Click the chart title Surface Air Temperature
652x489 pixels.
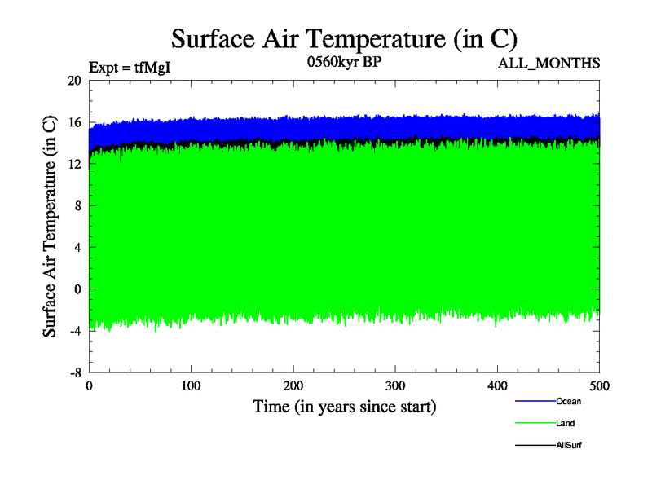[343, 38]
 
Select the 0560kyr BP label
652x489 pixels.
[344, 64]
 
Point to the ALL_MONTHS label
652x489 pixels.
[549, 64]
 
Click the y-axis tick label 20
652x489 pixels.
[75, 81]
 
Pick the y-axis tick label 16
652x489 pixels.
[75, 123]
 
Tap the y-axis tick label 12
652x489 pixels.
[75, 165]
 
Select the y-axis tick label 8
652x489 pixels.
[77, 206]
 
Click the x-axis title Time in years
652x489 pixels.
[344, 406]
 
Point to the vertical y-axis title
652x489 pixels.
[50, 227]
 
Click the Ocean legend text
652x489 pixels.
[569, 401]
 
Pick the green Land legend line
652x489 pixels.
[535, 423]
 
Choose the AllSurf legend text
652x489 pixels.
[569, 445]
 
